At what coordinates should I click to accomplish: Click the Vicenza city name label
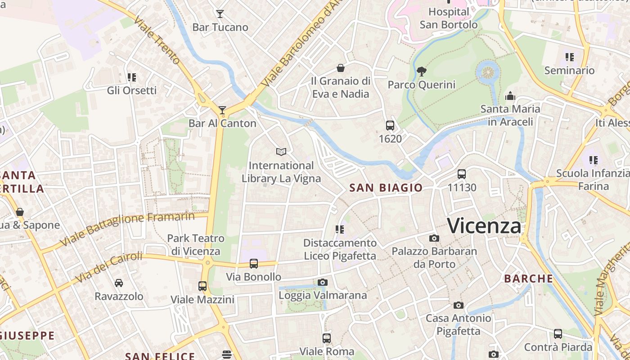(x=484, y=225)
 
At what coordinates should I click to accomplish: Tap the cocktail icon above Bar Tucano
(x=220, y=14)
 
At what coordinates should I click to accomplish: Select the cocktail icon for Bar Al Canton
(x=222, y=110)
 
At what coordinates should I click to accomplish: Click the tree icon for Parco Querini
(x=421, y=71)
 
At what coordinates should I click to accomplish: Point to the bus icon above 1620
(x=390, y=126)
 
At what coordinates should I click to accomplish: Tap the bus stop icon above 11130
(x=462, y=174)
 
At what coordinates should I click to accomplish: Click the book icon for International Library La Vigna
(x=281, y=152)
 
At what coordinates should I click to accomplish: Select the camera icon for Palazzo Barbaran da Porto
(x=434, y=238)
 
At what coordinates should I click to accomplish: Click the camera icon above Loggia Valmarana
(x=323, y=282)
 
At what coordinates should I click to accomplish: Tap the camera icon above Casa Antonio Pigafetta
(x=458, y=305)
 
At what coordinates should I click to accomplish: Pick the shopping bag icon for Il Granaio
(x=341, y=68)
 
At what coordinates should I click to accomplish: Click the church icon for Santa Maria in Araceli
(x=510, y=96)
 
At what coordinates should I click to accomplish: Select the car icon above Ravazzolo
(x=119, y=283)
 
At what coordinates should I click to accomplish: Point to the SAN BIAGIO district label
(x=386, y=188)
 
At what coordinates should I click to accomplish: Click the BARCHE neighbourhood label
(x=528, y=279)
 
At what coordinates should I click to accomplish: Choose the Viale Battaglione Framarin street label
(x=127, y=229)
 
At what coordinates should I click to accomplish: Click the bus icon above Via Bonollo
(x=254, y=264)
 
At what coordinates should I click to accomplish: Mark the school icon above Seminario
(x=570, y=57)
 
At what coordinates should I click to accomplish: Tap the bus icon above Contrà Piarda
(x=558, y=334)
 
